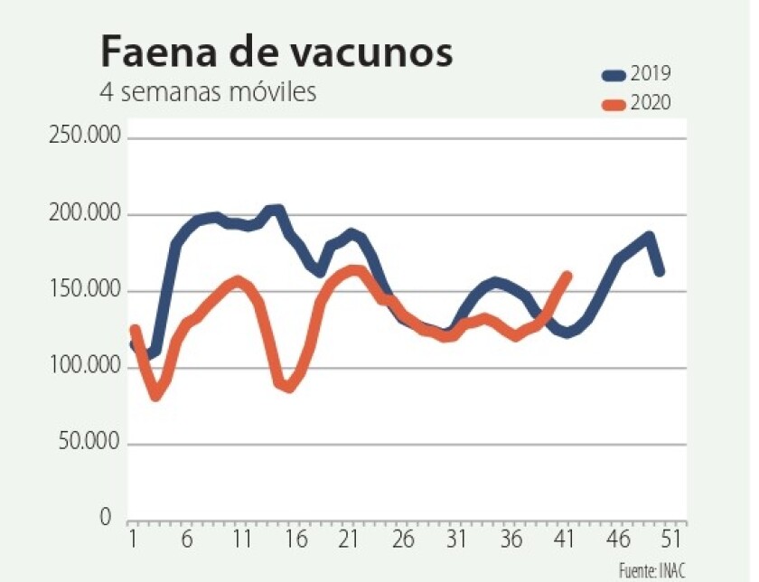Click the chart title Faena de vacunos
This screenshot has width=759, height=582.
(276, 52)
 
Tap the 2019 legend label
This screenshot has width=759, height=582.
(651, 73)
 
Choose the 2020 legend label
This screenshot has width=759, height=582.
(651, 104)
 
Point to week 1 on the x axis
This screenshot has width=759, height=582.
(133, 540)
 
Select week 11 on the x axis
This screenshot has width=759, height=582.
(241, 540)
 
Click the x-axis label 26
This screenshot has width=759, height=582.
(403, 540)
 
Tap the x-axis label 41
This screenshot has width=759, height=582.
(565, 540)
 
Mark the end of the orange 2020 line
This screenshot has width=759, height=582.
(568, 275)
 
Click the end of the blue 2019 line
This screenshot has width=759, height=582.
(660, 270)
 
